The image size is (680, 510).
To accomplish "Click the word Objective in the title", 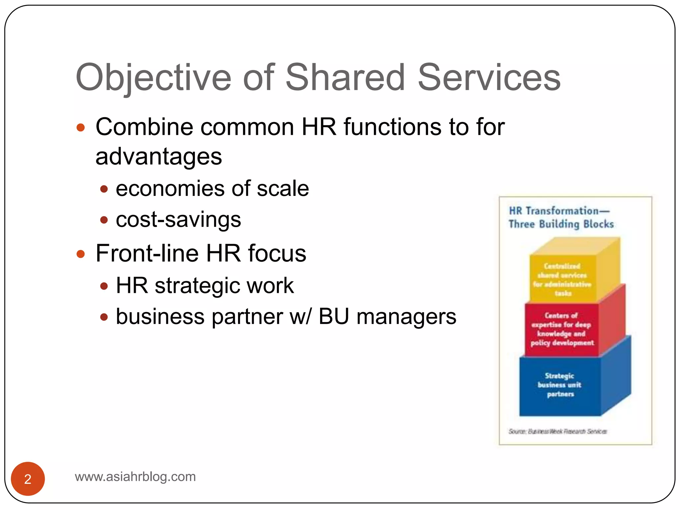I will coord(153,78).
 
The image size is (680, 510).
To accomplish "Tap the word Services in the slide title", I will coord(489,78).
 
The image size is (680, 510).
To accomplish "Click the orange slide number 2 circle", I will coord(28,478).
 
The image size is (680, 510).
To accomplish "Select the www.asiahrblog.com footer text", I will coord(135,477).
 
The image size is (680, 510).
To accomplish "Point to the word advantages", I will coord(159,156).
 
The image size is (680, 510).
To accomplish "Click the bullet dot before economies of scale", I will coord(104,189).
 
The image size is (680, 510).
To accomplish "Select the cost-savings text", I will coord(178,219).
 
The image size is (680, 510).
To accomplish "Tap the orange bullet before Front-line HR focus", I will coord(81,254).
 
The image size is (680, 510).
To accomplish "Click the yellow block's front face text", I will coord(562,280).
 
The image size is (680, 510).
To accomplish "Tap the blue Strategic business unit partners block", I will coord(560,385).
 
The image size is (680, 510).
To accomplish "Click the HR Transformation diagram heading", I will coord(559,211).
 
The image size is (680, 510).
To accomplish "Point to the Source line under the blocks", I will coord(558,431).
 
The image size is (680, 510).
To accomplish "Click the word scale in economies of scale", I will coord(283,189).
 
